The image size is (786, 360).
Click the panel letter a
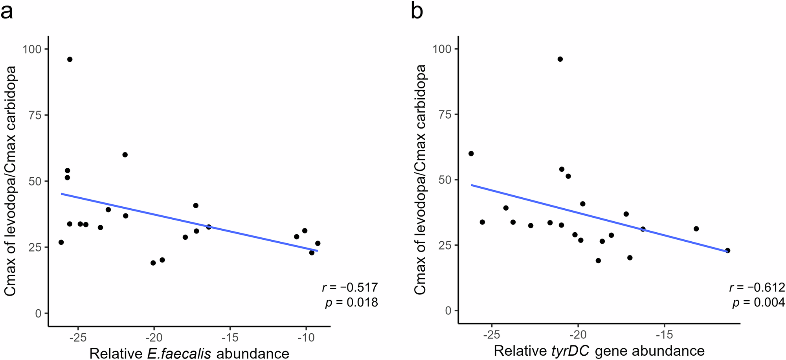(x=7, y=12)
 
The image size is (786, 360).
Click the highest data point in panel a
(x=70, y=59)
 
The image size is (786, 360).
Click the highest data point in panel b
(x=560, y=59)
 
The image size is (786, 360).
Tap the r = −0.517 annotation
(x=350, y=287)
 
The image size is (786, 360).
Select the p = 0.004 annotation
(x=758, y=303)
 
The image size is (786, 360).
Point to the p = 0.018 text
(x=351, y=302)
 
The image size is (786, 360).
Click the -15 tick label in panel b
(x=664, y=335)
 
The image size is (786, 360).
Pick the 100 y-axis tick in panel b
(x=441, y=49)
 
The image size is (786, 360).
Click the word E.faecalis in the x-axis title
(x=180, y=353)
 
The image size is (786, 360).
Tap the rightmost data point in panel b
(x=727, y=250)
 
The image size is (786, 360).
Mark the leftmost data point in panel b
(x=471, y=154)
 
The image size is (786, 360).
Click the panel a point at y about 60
(x=125, y=155)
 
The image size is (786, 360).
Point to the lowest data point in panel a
(x=153, y=263)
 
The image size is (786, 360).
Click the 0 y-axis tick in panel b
(x=448, y=310)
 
